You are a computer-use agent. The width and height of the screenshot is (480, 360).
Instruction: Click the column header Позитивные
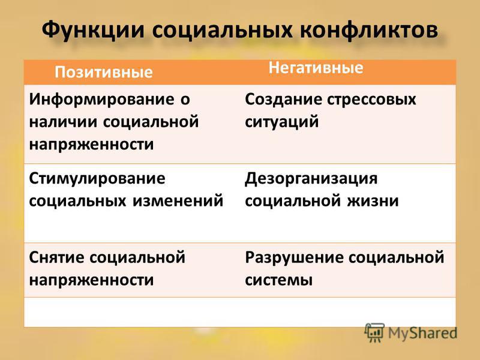(x=103, y=72)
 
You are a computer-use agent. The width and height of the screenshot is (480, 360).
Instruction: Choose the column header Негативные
(x=316, y=68)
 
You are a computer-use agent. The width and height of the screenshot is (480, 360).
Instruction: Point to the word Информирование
(x=101, y=100)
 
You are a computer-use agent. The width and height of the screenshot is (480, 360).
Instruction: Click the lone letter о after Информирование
(x=185, y=100)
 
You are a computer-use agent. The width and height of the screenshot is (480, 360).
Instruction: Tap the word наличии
(x=64, y=122)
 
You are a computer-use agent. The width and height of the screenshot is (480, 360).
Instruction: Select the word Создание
(x=283, y=100)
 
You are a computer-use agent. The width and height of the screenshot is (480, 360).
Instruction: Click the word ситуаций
(x=281, y=122)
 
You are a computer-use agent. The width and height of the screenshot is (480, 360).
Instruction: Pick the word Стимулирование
(x=97, y=178)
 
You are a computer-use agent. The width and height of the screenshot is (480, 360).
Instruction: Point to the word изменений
(x=178, y=201)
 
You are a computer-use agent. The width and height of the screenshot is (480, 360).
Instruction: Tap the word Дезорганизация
(x=311, y=179)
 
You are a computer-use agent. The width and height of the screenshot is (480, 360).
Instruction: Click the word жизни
(x=373, y=201)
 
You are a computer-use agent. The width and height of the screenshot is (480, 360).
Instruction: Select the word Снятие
(x=56, y=257)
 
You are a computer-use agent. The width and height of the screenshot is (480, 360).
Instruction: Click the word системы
(x=278, y=280)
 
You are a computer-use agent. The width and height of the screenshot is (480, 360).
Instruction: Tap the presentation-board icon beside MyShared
(x=374, y=333)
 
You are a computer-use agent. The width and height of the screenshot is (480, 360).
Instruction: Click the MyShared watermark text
(x=423, y=334)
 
